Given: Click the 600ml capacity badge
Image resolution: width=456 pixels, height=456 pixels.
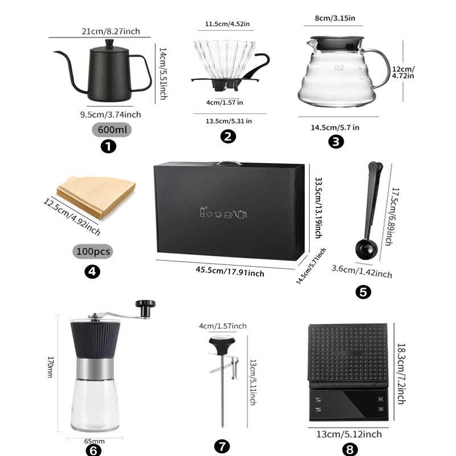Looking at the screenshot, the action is click(x=112, y=129).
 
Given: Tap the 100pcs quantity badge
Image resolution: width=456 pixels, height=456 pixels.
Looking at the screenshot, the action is click(x=93, y=251).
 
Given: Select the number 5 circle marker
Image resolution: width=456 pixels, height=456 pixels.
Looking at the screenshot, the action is click(x=363, y=292).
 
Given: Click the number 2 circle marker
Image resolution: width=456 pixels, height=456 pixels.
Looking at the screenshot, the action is click(x=228, y=136).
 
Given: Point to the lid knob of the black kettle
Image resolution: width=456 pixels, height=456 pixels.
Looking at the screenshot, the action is click(x=109, y=44).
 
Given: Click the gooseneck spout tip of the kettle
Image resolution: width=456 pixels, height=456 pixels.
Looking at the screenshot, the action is click(x=55, y=52).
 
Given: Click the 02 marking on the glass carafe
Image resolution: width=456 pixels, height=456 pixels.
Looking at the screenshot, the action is click(x=339, y=68).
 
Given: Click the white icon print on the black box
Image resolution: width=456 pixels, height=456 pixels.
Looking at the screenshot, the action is click(x=223, y=213).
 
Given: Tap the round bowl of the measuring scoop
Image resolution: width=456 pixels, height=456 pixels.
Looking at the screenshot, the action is click(x=366, y=250).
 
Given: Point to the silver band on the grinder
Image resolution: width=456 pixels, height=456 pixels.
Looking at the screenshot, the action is click(x=95, y=369).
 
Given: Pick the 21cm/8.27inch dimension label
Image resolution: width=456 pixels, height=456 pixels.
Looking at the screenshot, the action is click(x=111, y=31).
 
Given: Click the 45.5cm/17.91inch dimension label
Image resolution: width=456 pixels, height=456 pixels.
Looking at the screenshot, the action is click(x=230, y=271).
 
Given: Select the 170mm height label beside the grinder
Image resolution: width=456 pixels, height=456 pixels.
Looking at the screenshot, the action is click(x=50, y=367).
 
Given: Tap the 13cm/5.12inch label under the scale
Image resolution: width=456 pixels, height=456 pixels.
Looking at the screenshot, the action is click(x=349, y=434).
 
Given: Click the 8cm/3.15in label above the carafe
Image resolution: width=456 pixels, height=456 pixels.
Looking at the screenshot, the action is click(x=335, y=18).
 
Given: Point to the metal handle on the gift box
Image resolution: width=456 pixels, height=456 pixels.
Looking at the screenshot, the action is click(x=229, y=162).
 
